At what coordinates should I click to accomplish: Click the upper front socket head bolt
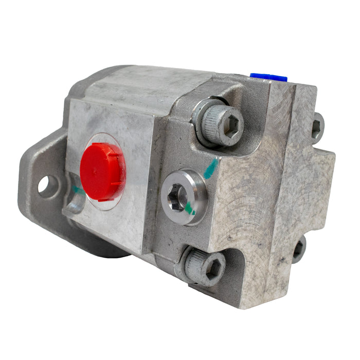(219, 123)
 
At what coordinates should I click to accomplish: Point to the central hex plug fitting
(184, 197)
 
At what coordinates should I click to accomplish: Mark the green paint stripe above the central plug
(210, 169)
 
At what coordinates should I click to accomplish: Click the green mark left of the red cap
(77, 190)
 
